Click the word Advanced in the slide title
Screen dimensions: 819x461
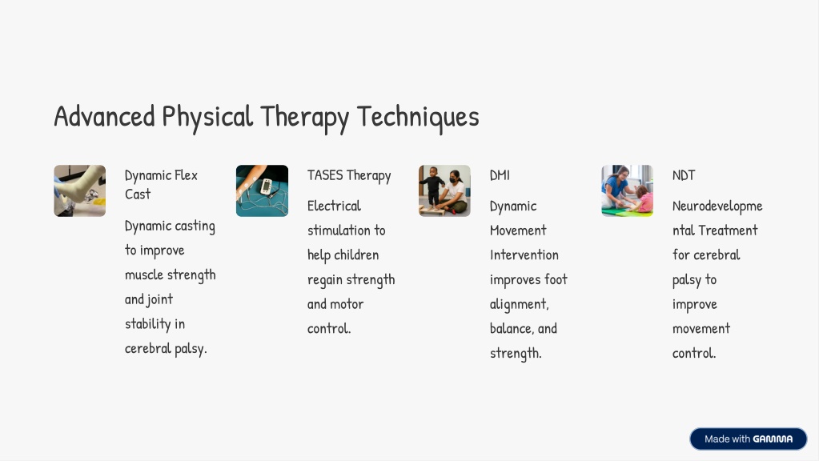(104, 116)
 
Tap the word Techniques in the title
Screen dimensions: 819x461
(418, 117)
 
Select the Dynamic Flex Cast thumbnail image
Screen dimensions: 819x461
(80, 190)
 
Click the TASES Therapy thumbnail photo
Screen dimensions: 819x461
(263, 190)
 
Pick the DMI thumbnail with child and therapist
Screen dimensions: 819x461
(444, 190)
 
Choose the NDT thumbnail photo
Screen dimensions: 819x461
(628, 190)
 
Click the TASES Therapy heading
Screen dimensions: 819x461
(349, 175)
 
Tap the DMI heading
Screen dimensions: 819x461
(500, 175)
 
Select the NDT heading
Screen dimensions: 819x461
(684, 175)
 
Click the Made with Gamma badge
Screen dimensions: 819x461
(749, 439)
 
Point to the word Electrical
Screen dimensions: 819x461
(335, 206)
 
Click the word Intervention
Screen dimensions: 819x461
(524, 255)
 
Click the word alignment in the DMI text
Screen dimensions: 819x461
(520, 304)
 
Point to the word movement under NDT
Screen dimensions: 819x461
(701, 329)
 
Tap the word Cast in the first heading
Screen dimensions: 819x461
(138, 194)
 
